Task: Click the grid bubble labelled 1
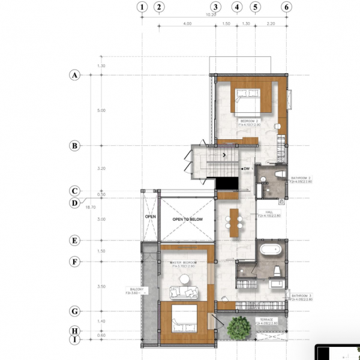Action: pos(142,7)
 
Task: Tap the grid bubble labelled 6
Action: pos(287,7)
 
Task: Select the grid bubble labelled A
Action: pos(75,75)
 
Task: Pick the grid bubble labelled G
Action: pos(75,311)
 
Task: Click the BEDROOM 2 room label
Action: pos(249,121)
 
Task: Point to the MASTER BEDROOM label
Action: pos(184,263)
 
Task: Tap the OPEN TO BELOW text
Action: pos(188,220)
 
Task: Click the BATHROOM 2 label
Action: pos(301,178)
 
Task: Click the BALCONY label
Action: pos(135,290)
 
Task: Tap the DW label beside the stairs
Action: pos(245,169)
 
